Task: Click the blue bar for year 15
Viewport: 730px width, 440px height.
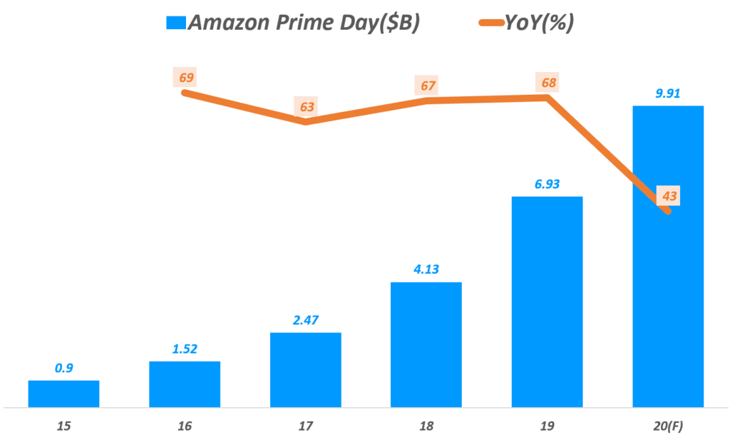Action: tap(63, 394)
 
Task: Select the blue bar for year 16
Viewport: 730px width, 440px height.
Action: tap(185, 384)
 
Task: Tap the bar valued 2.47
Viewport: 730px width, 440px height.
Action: tap(305, 369)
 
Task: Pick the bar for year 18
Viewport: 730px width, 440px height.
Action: tap(426, 344)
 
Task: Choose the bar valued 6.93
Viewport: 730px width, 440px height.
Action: tap(547, 302)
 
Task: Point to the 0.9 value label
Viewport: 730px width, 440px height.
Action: tap(63, 368)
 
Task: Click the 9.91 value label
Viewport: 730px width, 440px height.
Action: tap(668, 92)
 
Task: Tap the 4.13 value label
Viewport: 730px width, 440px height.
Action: tap(426, 270)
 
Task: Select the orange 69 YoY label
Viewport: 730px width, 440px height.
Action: tap(187, 77)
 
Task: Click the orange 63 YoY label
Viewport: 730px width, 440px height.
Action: tap(307, 107)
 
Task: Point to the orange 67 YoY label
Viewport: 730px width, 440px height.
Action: tap(427, 86)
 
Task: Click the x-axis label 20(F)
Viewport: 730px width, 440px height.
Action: tap(668, 425)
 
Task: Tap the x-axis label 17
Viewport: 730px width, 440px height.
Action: tap(306, 425)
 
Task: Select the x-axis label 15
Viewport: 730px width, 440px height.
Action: tap(64, 425)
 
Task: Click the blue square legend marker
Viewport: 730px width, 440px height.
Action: tap(175, 23)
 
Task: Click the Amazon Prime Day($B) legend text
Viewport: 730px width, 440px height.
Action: tap(304, 23)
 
